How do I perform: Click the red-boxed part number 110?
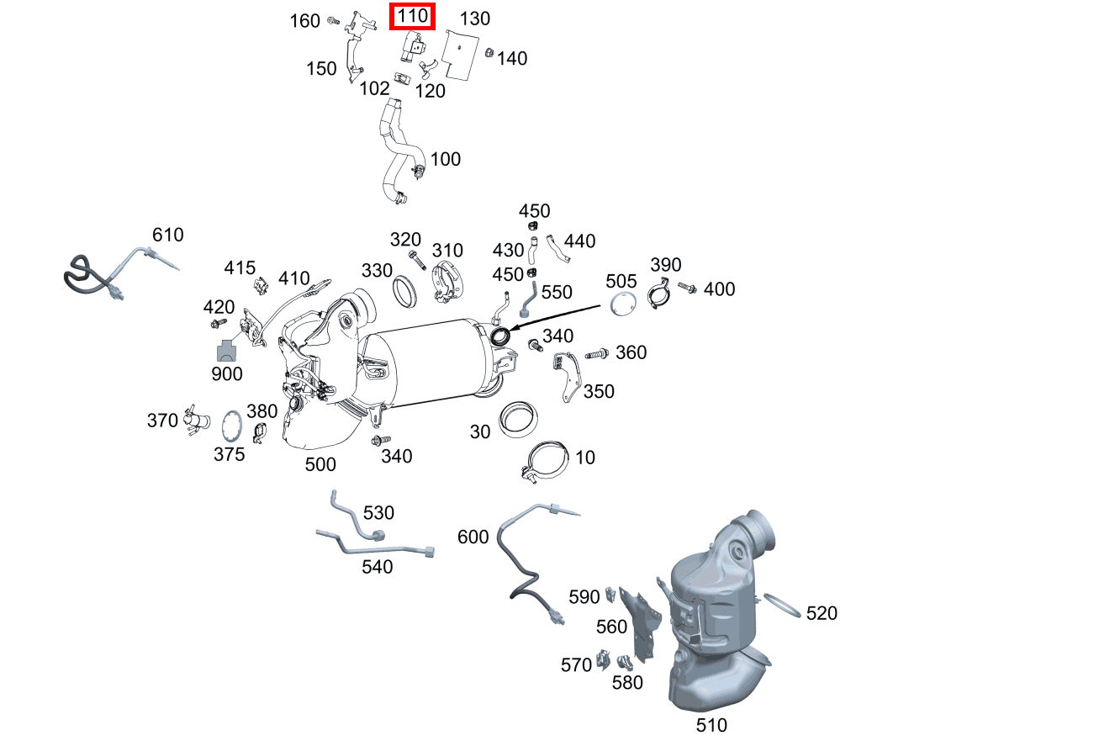tap(412, 16)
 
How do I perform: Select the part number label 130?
tap(475, 19)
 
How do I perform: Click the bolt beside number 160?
tap(333, 19)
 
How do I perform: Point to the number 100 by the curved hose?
tap(446, 159)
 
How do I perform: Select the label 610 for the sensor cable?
tap(167, 235)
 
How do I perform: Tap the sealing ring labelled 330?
tap(405, 291)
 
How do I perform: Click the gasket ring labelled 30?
tap(519, 419)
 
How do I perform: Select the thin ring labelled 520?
tap(781, 606)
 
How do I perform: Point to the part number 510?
tap(711, 724)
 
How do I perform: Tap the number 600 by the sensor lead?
tap(473, 537)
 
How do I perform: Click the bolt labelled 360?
tap(596, 354)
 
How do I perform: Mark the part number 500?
tap(320, 464)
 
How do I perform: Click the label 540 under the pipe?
tap(377, 567)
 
